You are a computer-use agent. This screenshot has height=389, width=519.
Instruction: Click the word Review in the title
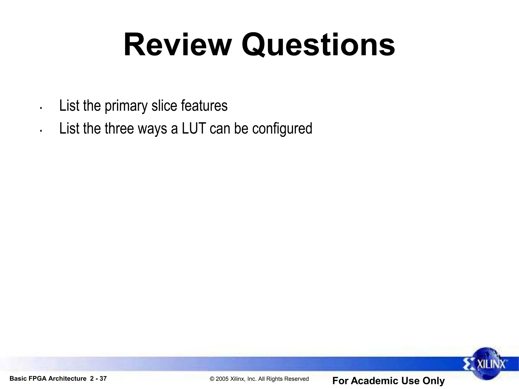coord(177,45)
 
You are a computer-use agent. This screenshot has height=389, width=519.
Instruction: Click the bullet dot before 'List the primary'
coord(41,108)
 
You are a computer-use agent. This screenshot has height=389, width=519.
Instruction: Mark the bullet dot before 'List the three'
coord(41,131)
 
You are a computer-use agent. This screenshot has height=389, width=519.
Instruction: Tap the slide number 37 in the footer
coord(103,379)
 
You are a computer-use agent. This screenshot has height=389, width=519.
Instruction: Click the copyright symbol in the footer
coord(212,379)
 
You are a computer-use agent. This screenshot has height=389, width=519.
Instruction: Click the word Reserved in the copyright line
coord(297,379)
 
